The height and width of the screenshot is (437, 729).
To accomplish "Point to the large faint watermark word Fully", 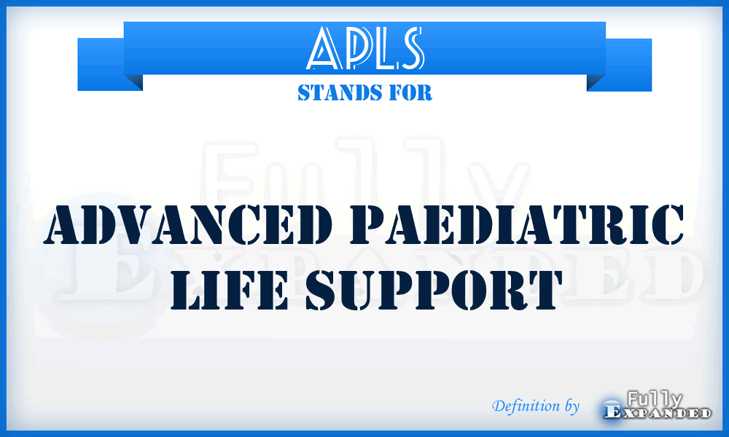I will coord(364,175).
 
